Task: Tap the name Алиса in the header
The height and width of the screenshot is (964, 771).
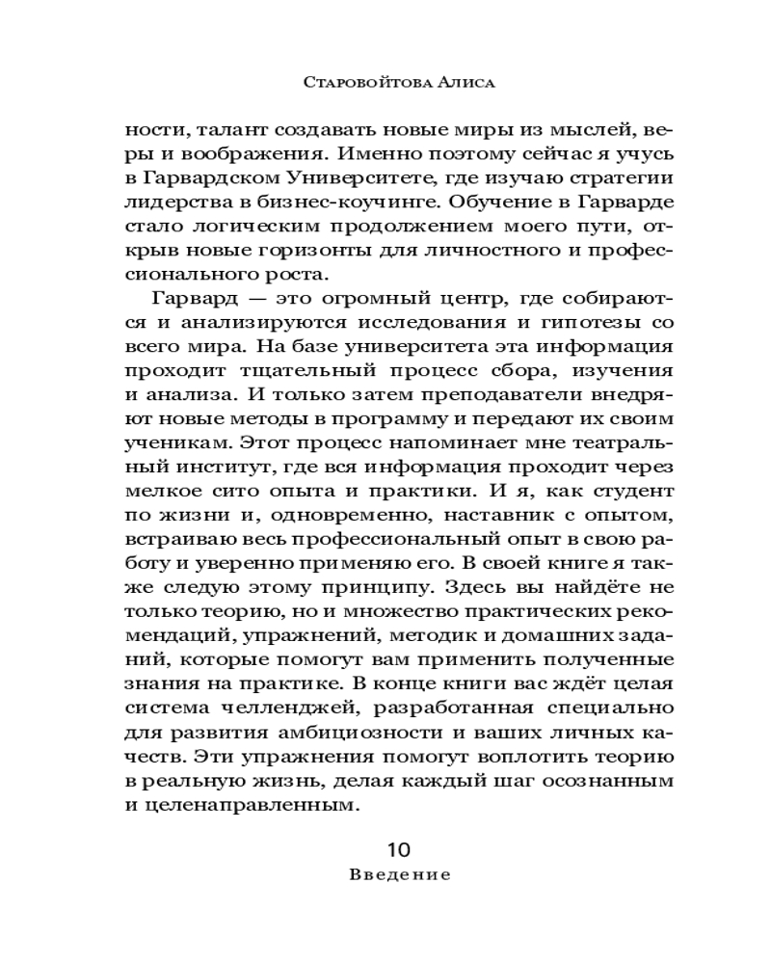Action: point(466,83)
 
